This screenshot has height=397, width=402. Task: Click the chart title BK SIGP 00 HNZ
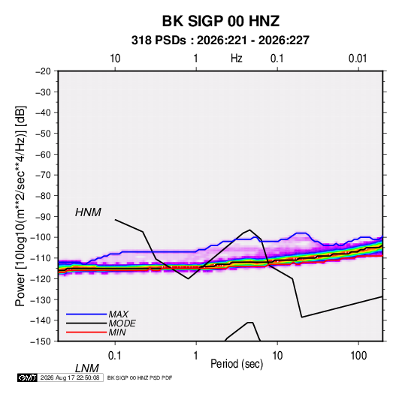220,21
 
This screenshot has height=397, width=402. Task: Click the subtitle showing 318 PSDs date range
220,41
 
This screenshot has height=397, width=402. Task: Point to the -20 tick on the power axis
43,71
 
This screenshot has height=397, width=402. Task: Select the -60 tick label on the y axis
43,154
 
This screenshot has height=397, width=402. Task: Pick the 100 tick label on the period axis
358,356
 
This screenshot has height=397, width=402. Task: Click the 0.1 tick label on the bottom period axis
114,356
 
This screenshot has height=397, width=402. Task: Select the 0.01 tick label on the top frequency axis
358,59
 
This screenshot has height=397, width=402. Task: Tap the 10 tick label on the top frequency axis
115,59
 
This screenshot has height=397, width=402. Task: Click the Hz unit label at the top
237,59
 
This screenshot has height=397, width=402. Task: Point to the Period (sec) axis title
237,364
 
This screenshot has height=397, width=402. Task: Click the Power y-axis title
20,206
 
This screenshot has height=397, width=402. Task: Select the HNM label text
88,212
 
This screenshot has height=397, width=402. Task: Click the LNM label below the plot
87,368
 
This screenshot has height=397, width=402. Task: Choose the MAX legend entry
119,314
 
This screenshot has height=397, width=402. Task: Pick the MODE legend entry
122,323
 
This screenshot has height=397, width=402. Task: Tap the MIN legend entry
117,332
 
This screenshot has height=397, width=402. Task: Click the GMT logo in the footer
27,377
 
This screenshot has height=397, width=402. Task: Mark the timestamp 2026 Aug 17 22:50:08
70,377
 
